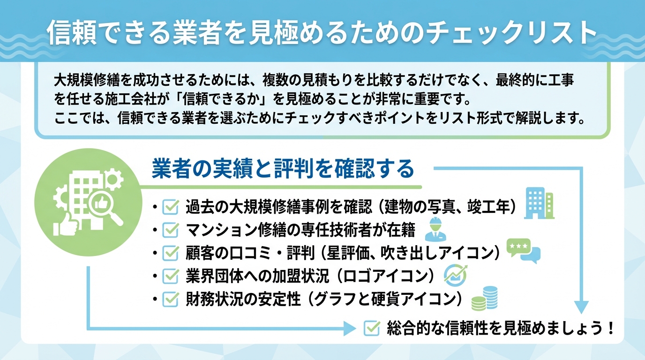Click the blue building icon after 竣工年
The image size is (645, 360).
tap(540, 203)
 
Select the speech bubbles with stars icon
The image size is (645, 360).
tap(524, 251)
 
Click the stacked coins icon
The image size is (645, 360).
tap(484, 299)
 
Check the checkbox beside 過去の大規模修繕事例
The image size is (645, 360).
tap(170, 207)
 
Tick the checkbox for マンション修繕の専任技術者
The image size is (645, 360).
tap(170, 230)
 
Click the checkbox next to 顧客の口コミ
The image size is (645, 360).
tap(170, 253)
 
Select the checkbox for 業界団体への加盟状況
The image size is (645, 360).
tap(170, 276)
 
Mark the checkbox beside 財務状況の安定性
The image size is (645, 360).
tap(170, 299)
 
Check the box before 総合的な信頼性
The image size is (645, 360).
tap(372, 328)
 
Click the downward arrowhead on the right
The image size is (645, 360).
tap(581, 307)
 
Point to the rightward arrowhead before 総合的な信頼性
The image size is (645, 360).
tap(350, 329)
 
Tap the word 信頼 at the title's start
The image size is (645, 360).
tap(66, 33)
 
